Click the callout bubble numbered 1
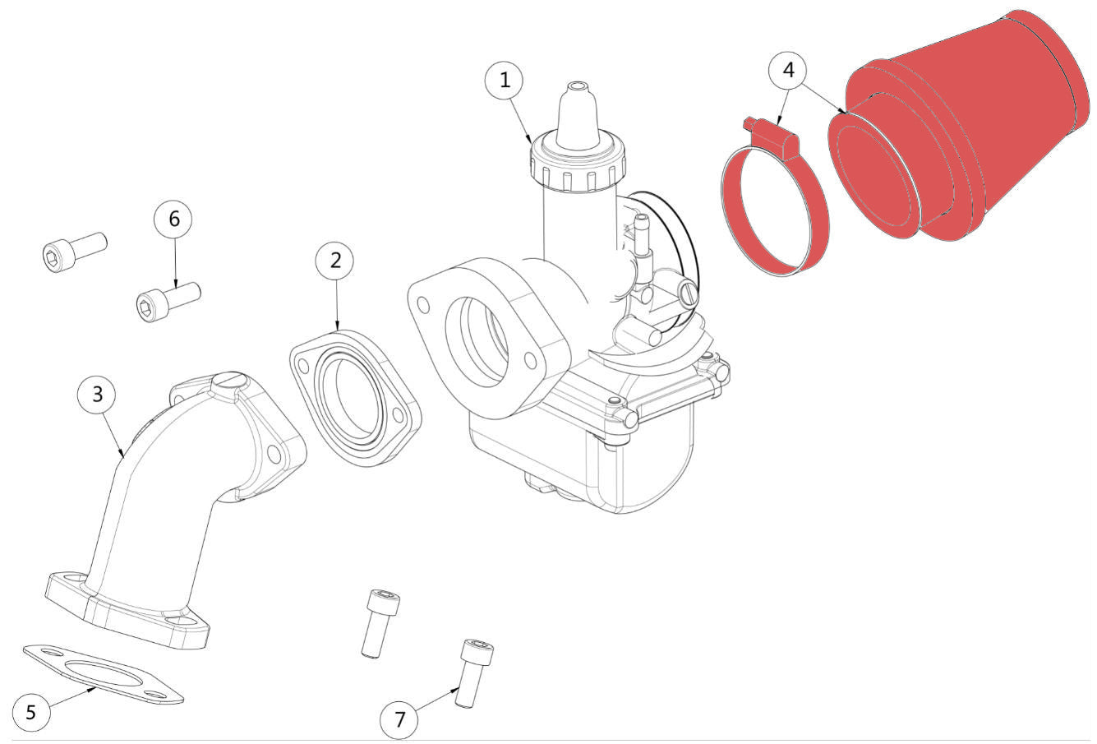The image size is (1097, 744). click(505, 81)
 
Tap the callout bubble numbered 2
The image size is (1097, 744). click(335, 260)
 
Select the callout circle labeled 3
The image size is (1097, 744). click(98, 395)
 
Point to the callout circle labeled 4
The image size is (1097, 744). click(788, 71)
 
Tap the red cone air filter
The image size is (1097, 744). click(961, 132)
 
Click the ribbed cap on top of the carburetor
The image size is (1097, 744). click(578, 164)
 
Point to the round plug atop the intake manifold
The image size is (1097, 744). click(228, 381)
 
